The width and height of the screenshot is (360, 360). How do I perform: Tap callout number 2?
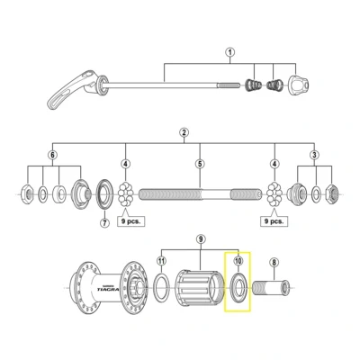(183, 132)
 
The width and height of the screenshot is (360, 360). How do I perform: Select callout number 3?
(313, 156)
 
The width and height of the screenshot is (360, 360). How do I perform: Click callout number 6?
(52, 156)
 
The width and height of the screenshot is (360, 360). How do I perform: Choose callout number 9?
(201, 240)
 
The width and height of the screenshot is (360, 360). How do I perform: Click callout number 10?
(238, 260)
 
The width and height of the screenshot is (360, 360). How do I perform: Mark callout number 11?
(161, 261)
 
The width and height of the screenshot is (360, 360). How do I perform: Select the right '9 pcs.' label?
(274, 219)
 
